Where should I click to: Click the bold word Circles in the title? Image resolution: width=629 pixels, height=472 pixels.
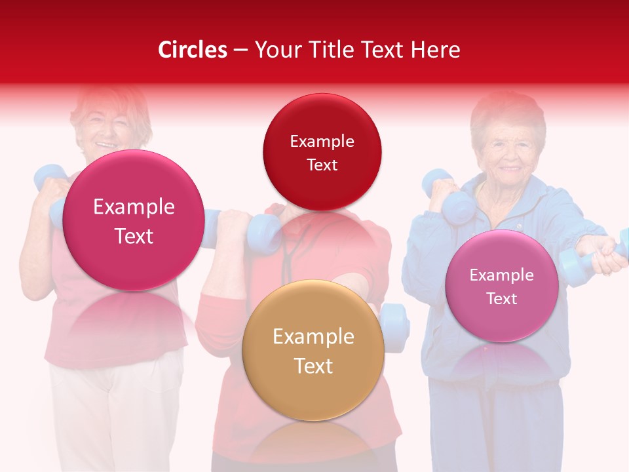tap(193, 50)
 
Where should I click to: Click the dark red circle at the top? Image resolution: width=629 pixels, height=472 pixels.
tap(322, 152)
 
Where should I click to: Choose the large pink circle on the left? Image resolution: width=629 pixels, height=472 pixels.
tap(134, 221)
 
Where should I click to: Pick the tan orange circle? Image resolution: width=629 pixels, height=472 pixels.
tap(313, 351)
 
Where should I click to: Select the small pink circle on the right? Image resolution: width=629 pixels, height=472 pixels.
tap(501, 286)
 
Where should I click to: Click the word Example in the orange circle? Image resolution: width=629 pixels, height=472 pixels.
tap(313, 337)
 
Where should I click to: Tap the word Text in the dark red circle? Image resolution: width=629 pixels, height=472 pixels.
tap(322, 165)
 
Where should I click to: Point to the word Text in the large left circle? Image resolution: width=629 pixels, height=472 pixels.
tap(134, 236)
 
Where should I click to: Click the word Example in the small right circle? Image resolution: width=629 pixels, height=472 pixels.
tap(501, 275)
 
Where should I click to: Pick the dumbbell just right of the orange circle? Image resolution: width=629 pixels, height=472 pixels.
tap(395, 327)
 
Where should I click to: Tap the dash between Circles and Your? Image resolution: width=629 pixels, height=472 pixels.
tap(240, 50)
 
